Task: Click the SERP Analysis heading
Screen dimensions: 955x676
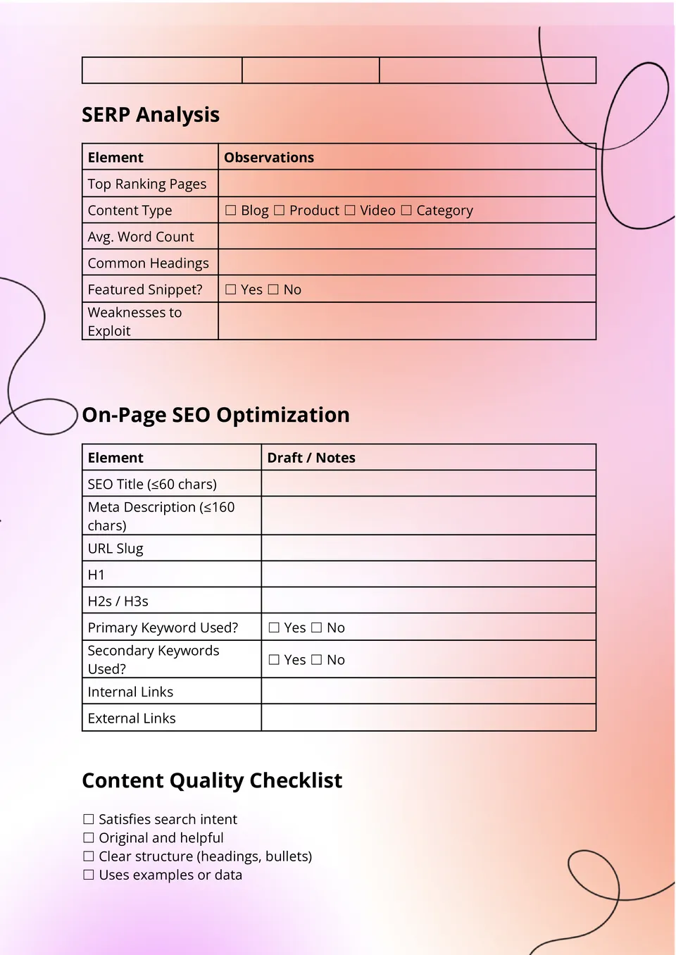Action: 151,115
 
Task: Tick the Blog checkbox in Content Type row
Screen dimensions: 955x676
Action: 231,211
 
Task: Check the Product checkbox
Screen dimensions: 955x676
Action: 280,211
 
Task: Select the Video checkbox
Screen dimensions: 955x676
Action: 350,211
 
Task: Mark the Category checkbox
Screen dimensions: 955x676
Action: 406,211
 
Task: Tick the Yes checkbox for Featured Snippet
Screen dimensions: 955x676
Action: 231,289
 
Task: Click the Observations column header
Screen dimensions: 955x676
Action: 269,158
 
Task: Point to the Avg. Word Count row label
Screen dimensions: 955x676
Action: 141,237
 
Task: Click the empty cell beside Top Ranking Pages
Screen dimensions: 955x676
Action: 407,184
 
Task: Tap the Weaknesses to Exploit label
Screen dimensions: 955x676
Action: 134,321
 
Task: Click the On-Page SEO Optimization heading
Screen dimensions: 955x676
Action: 215,415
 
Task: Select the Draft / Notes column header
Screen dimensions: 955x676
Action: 311,458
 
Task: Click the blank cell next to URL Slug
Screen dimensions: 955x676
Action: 428,549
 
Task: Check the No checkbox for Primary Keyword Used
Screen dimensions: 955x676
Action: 317,628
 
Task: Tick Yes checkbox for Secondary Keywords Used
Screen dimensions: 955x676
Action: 275,660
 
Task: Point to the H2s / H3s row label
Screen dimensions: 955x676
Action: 118,601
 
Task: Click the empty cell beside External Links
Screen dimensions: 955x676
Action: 428,718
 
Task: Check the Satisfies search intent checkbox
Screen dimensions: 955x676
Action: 89,820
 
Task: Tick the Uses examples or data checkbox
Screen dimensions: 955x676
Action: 89,875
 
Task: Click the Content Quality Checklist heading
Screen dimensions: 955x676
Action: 212,780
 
